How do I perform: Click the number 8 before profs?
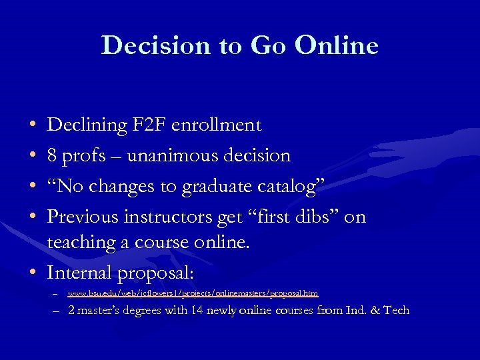pos(52,156)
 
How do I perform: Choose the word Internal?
pos(79,273)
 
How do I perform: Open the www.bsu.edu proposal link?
pos(193,293)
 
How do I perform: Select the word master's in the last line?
pos(103,310)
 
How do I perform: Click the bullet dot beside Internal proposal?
pos(33,273)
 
